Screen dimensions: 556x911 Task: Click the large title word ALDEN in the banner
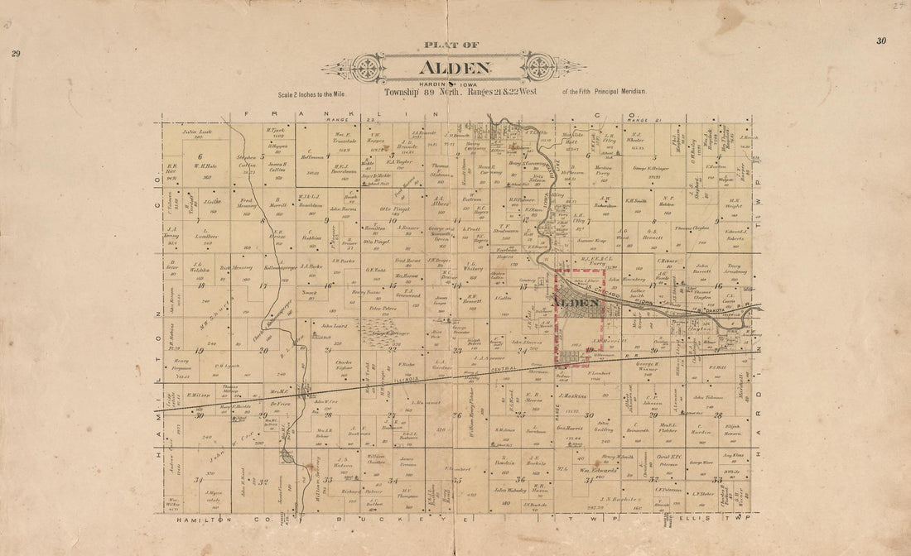coord(455,69)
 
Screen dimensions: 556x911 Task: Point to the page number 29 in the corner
coord(16,54)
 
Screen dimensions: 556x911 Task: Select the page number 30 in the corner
coord(880,41)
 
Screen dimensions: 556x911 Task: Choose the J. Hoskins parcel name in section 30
coord(571,395)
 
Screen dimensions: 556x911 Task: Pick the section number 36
coord(520,479)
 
